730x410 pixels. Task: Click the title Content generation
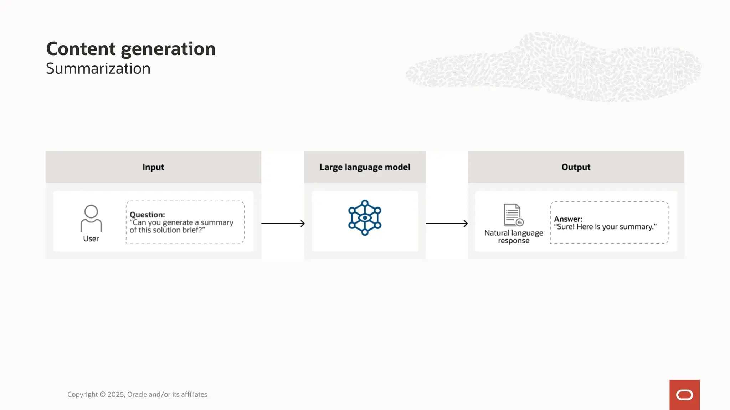point(131,49)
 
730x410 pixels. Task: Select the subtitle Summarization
point(98,69)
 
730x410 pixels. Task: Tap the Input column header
point(153,167)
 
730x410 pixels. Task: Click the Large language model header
point(365,167)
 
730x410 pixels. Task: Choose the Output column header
point(576,167)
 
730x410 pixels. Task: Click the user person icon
point(91,218)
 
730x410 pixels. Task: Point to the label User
point(91,239)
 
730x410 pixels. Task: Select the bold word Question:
point(147,215)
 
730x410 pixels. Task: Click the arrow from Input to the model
point(283,224)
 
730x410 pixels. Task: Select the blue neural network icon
point(365,217)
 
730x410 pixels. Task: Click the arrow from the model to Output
point(447,224)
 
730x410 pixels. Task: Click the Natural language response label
point(514,237)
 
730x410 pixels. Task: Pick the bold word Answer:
point(568,219)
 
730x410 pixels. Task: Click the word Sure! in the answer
point(565,227)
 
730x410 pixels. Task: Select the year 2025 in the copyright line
point(115,395)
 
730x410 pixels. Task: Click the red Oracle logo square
point(684,395)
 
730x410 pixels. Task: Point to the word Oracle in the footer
point(137,395)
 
